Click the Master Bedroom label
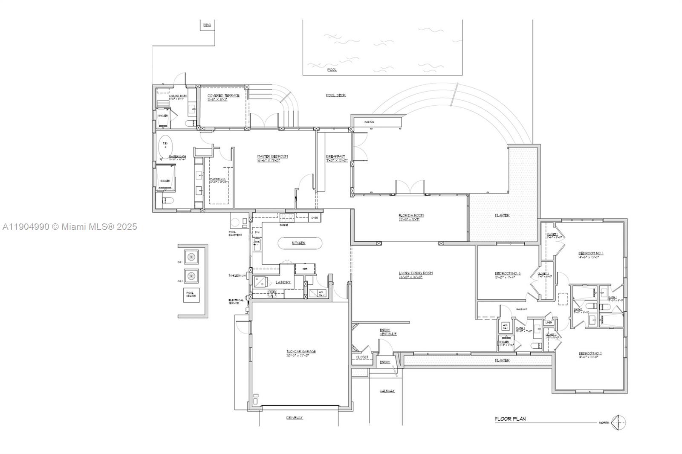point(272,156)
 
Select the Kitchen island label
point(298,243)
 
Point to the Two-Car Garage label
point(301,352)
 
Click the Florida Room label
point(411,216)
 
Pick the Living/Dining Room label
point(416,273)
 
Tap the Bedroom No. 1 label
point(590,253)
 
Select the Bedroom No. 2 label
point(590,353)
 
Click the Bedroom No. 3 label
point(507,274)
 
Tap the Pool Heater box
point(191,295)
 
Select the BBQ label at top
point(207,25)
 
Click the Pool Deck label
point(335,95)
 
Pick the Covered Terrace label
point(223,95)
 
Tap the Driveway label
point(295,418)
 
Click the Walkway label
point(387,391)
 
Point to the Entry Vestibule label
point(387,332)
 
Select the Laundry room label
point(283,282)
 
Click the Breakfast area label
point(335,156)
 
